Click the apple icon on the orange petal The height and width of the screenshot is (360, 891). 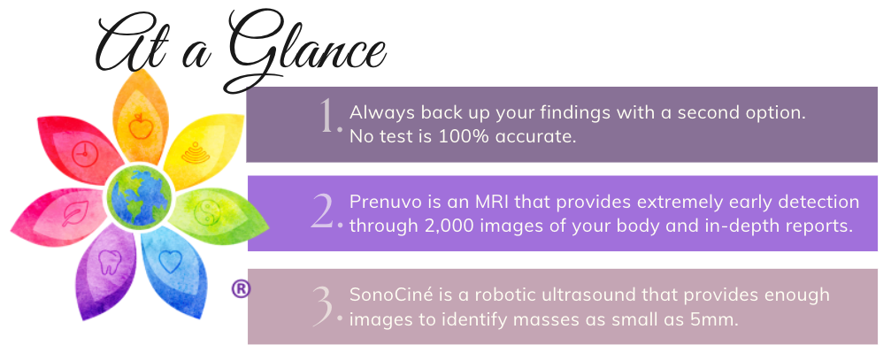click(x=139, y=126)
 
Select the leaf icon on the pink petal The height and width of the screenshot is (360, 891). click(x=75, y=214)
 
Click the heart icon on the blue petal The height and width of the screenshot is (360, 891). click(x=169, y=261)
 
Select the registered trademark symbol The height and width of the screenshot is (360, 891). click(x=241, y=288)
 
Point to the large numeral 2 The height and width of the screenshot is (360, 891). click(x=325, y=212)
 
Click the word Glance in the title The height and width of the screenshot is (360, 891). click(x=304, y=53)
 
